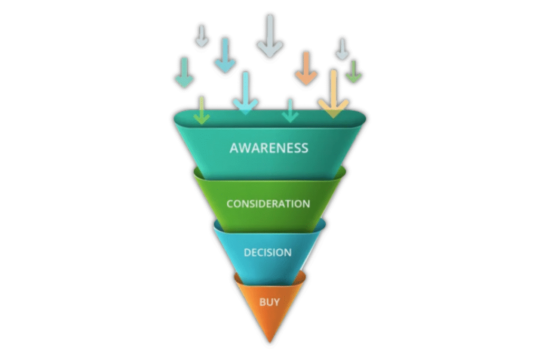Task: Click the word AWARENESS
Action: click(269, 148)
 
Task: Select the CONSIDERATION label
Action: click(268, 203)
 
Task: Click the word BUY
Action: click(269, 303)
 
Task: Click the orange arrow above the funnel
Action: click(306, 69)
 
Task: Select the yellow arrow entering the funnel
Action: click(333, 95)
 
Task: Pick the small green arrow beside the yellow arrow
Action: click(353, 72)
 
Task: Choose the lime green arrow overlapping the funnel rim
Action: click(201, 111)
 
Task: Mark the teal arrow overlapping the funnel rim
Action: click(290, 111)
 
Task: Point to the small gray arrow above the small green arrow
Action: click(342, 48)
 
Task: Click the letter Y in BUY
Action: click(276, 303)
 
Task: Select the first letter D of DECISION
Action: click(247, 252)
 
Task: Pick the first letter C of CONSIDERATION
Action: click(229, 203)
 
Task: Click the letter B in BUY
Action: click(262, 303)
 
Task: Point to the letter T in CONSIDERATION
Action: click(290, 203)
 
